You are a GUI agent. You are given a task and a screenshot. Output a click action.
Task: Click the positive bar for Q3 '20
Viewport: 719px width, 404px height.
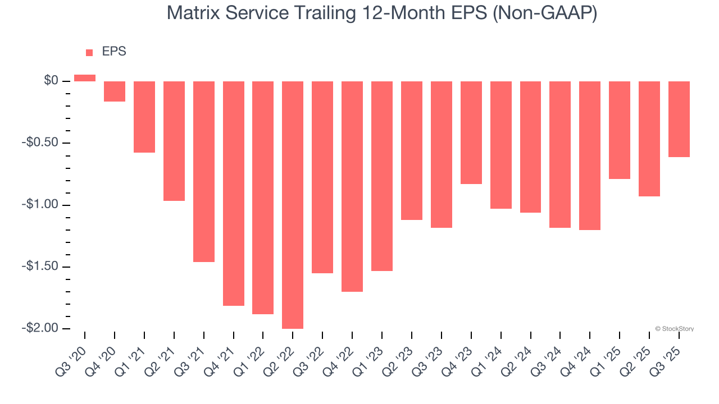pos(85,78)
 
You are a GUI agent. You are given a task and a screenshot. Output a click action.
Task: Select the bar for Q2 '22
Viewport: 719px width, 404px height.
pos(293,205)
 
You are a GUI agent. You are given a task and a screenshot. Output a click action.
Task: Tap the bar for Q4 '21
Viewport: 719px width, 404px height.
pos(233,194)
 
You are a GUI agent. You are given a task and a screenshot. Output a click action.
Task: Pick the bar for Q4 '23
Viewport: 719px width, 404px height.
pos(471,132)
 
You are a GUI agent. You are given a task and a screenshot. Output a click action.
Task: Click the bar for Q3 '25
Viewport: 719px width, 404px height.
pos(679,119)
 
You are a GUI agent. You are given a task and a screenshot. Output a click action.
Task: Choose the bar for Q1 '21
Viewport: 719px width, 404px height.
pos(144,117)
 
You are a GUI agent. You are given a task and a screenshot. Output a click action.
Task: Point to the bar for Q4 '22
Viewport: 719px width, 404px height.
pos(352,186)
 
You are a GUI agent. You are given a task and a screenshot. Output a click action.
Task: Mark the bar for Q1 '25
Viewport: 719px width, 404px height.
pos(620,130)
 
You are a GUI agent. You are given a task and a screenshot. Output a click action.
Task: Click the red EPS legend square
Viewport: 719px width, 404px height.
pos(89,53)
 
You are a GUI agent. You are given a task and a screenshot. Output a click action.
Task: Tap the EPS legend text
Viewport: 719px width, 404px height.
pos(114,52)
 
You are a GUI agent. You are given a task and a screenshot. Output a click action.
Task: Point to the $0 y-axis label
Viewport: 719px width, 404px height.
pos(51,81)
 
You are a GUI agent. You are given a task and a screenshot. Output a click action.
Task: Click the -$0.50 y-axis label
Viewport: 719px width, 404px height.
pos(41,143)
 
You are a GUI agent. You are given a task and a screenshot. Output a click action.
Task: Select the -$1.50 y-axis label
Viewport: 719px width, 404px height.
pos(41,267)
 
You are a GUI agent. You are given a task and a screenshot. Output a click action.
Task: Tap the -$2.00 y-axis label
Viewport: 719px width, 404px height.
pos(41,328)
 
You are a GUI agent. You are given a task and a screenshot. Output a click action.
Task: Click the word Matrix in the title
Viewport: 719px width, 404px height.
pos(194,13)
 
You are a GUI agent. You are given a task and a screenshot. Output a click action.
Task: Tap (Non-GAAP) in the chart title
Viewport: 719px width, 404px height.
pos(544,13)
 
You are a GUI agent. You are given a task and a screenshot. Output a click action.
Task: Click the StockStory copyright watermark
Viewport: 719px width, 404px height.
pos(674,329)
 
